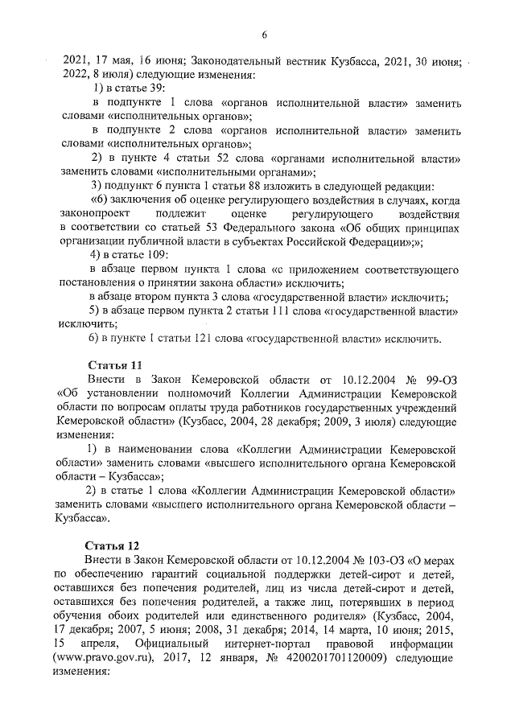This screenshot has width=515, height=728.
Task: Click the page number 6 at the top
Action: point(263,35)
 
